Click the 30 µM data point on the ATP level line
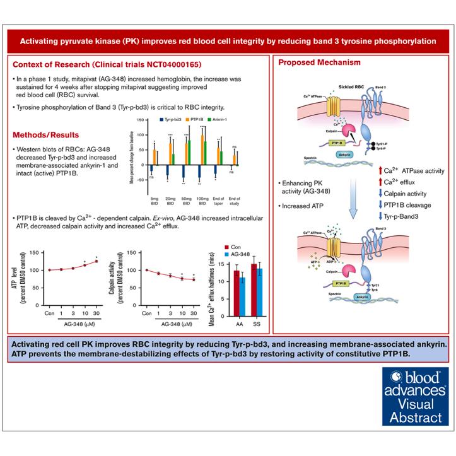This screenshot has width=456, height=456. click(x=96, y=261)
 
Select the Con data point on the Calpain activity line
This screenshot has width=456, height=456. click(x=147, y=270)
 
